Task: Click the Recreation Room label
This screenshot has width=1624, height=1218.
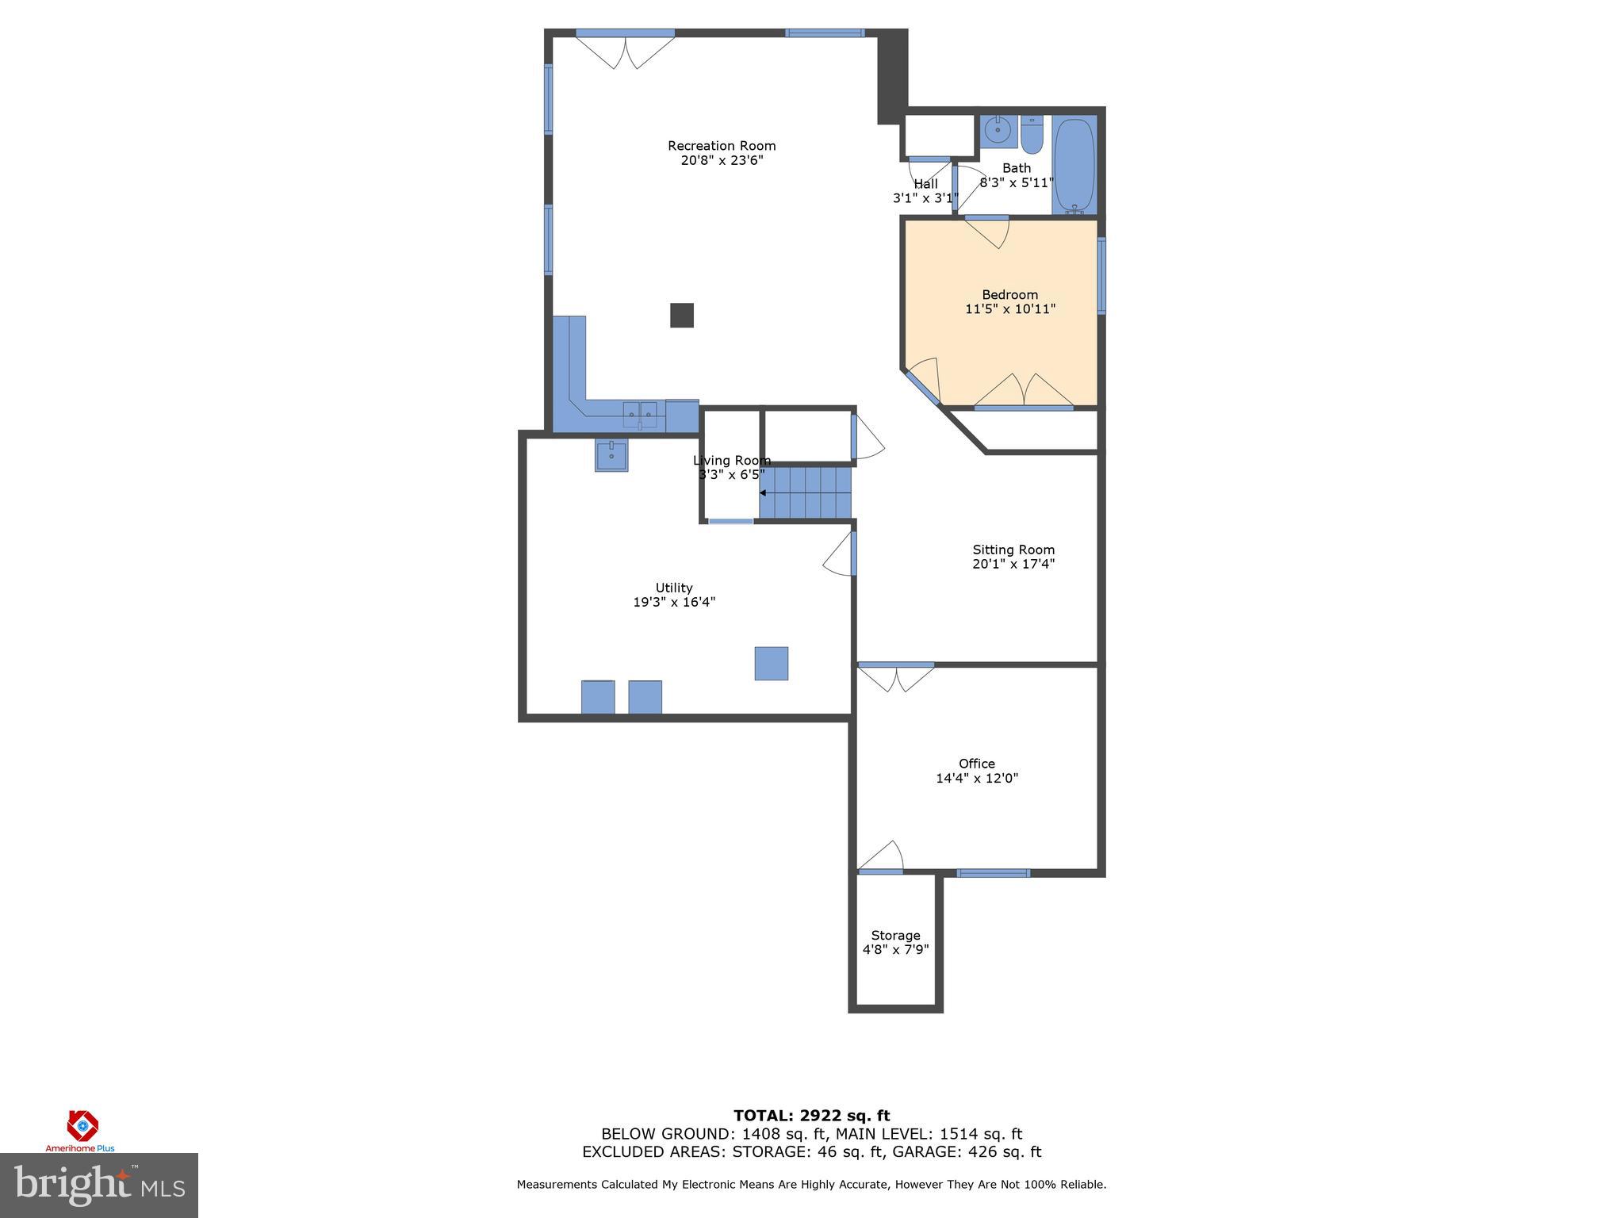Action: pos(721,146)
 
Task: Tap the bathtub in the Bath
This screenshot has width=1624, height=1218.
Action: pos(1074,165)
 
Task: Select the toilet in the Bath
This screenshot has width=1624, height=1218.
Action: pos(1031,136)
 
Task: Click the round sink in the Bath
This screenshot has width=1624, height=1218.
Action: pos(998,130)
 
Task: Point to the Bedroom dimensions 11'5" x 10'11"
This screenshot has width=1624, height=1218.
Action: pos(1009,309)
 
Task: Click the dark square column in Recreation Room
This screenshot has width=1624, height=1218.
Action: pos(682,315)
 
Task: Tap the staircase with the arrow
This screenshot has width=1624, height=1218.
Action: pos(805,492)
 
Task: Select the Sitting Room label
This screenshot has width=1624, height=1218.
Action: pos(1013,550)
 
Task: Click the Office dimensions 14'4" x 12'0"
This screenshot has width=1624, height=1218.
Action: pos(976,779)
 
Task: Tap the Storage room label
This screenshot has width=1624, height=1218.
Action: pos(895,936)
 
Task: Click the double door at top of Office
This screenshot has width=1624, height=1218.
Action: pos(896,678)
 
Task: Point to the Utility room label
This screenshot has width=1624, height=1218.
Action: pos(673,588)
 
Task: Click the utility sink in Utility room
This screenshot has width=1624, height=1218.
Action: pos(611,456)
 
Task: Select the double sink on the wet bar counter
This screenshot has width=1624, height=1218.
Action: pos(639,414)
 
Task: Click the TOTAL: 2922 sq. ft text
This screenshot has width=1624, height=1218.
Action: pos(811,1116)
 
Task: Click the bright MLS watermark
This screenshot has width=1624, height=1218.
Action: pos(99,1185)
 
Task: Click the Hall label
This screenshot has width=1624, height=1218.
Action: pos(925,184)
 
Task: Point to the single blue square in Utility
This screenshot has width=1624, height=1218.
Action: pos(771,663)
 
